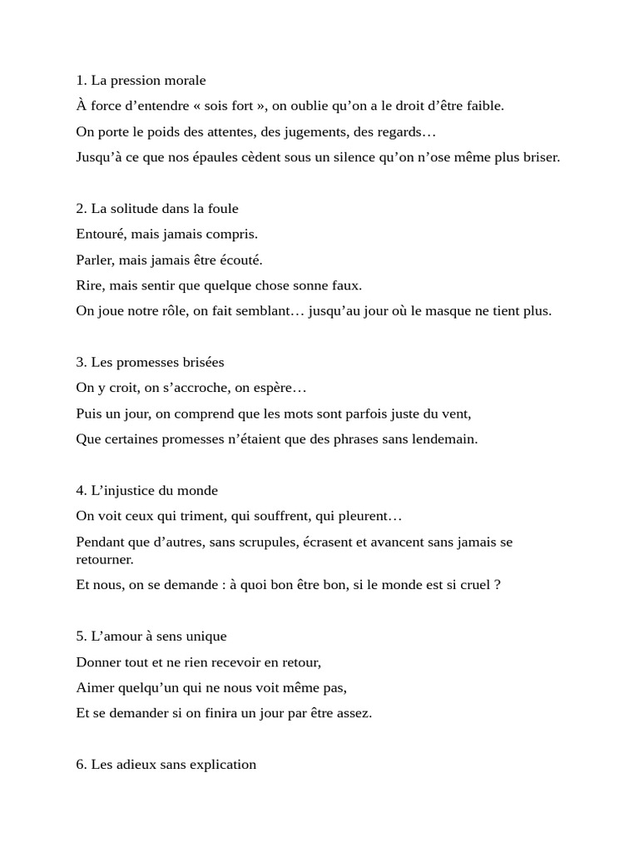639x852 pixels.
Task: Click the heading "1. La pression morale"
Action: [141, 81]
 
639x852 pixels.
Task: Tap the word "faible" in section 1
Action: [485, 106]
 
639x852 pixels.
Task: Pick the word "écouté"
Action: [239, 260]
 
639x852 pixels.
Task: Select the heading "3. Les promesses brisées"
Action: [150, 363]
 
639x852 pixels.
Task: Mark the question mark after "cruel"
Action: [498, 585]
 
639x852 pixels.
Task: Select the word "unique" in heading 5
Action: [206, 637]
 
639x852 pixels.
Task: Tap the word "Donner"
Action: [97, 662]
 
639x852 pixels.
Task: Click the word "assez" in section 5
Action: [350, 714]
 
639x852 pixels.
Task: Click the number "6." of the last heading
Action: [82, 765]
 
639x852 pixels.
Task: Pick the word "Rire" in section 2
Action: [89, 286]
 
